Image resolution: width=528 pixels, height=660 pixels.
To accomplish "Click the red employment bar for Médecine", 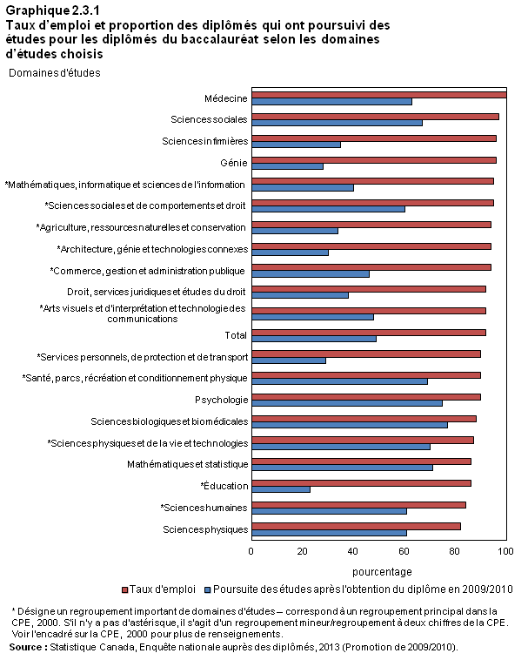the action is pos(379,95).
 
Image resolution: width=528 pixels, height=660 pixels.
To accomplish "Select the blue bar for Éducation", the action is pos(281,489).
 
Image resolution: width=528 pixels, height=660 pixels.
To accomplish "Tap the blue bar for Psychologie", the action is pos(347,403).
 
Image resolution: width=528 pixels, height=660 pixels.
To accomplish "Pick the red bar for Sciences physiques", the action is pos(357,526).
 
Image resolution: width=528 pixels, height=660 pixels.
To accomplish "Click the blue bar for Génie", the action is pos(288,166).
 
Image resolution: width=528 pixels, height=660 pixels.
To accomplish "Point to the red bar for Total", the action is pos(369,333).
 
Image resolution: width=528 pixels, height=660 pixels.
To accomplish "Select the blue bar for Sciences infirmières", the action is pos(297,145).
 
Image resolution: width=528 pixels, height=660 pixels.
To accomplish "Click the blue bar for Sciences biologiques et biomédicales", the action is pos(350,425).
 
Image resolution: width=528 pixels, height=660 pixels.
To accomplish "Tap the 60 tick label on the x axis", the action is pos(404,551).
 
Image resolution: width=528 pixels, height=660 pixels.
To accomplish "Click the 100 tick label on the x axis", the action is pos(505,551).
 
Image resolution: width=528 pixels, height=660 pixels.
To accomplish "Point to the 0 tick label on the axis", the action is pos(251,551).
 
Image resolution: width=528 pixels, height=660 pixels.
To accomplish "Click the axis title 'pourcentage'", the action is pos(382,572).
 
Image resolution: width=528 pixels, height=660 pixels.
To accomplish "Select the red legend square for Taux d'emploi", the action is pos(124,590).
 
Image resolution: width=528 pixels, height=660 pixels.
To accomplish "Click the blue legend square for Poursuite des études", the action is pos(207,590).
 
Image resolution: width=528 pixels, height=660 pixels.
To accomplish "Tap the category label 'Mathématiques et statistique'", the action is pos(188,464).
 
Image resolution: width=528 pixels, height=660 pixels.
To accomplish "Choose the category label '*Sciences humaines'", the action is pos(204,508).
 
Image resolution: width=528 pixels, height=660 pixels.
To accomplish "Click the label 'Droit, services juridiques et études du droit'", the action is pos(157,292).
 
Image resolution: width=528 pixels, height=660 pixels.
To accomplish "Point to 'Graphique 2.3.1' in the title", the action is pos(52,10).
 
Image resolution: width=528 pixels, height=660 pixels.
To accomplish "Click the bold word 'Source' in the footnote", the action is pos(25,647).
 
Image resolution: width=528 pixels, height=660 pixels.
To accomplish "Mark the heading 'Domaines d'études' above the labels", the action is pos(55,73).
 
